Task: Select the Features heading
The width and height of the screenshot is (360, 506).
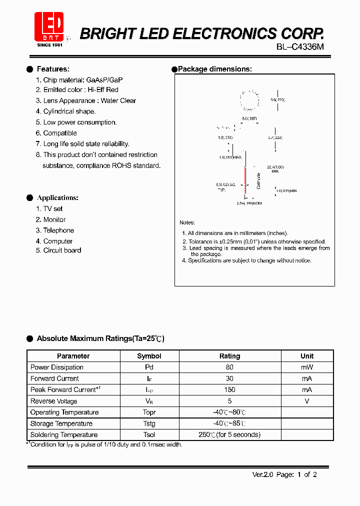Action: [x=53, y=69]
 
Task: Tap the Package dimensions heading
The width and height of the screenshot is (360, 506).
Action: [x=215, y=69]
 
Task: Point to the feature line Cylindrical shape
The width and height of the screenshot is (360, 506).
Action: [x=69, y=111]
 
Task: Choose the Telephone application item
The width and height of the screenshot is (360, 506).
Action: [x=58, y=230]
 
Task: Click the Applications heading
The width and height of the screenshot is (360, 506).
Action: [x=57, y=198]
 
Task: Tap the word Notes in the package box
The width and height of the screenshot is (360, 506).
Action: [x=187, y=222]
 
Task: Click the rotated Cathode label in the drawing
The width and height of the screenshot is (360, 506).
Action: [x=258, y=181]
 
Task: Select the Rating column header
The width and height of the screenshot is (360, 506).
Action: [x=230, y=356]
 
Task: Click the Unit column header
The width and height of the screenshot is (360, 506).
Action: [x=307, y=356]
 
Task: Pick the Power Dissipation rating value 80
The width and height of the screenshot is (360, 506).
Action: [x=230, y=367]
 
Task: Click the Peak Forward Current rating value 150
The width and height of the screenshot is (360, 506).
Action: [x=230, y=389]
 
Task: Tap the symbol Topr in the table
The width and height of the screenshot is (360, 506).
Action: [x=149, y=412]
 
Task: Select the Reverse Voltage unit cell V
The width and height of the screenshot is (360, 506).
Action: [x=307, y=401]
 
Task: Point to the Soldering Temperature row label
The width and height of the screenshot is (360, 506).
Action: [x=64, y=435]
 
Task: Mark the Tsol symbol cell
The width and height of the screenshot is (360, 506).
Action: [x=149, y=435]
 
